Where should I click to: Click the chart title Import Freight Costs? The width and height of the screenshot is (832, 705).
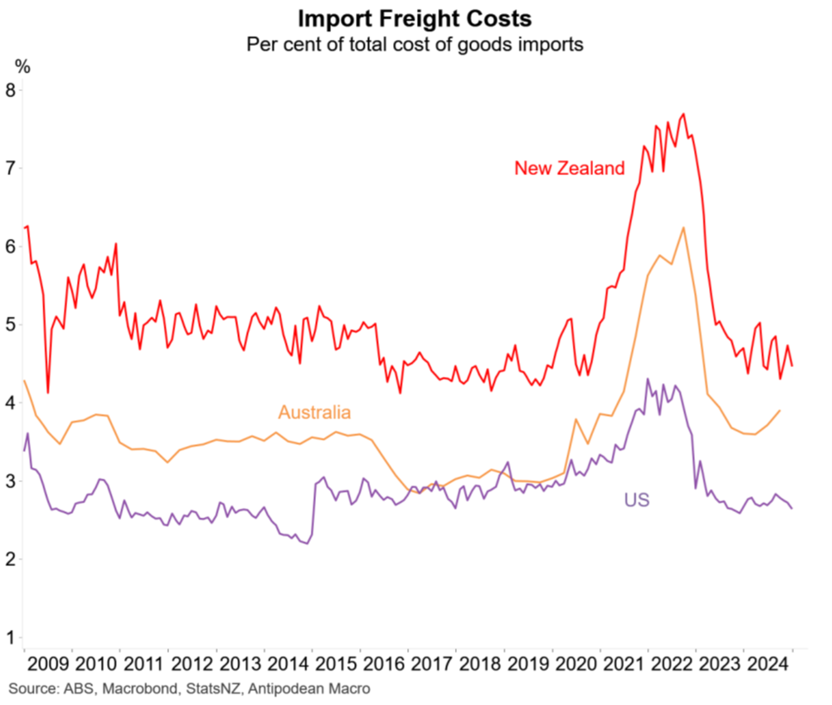[415, 19]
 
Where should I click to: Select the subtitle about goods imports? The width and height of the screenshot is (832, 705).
[415, 44]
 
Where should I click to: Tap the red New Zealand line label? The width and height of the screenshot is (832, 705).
[569, 168]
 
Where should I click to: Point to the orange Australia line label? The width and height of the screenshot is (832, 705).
[314, 412]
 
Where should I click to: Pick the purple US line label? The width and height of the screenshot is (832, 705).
[636, 501]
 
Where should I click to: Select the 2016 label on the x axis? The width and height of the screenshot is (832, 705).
[382, 663]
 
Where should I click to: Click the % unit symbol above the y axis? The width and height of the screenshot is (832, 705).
[21, 65]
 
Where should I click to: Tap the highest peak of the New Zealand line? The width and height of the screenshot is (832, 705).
[683, 114]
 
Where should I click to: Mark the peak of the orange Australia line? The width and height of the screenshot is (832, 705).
[683, 228]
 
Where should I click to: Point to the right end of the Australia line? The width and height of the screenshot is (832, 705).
[779, 410]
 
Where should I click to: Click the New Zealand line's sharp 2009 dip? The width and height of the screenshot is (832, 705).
[47, 392]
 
